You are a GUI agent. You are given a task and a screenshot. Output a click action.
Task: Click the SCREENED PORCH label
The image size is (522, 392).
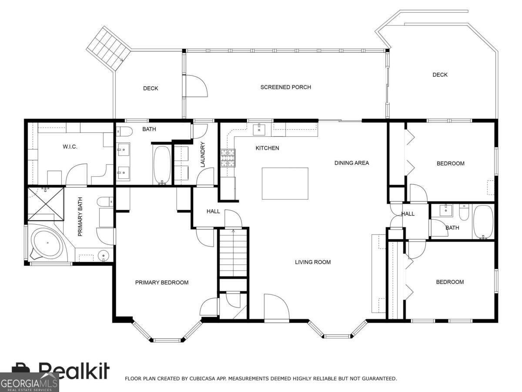click(x=286, y=87)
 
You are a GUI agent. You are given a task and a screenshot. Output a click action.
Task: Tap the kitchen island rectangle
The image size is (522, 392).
click(x=285, y=183)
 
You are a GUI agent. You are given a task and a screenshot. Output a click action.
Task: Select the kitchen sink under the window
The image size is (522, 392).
click(x=259, y=130)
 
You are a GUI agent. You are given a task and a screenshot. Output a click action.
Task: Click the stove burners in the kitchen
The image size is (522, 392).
click(x=228, y=158)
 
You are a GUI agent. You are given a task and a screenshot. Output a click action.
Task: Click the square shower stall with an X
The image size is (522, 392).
click(x=46, y=204)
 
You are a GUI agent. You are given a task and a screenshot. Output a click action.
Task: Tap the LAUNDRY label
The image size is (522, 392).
click(x=203, y=155)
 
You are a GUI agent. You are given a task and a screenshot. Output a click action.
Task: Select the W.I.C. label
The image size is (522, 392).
click(x=70, y=147)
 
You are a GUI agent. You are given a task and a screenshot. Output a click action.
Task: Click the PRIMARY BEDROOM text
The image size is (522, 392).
click(x=162, y=283)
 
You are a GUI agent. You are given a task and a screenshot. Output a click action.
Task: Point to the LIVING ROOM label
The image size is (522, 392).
click(x=313, y=262)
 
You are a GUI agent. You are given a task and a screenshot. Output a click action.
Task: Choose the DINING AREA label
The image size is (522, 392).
click(x=351, y=163)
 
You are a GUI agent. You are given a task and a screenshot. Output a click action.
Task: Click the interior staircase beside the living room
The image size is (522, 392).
click(x=233, y=252)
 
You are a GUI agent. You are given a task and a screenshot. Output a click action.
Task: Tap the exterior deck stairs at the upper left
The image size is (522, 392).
click(x=108, y=48)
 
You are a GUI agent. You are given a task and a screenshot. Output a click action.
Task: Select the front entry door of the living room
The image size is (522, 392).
click(x=277, y=308)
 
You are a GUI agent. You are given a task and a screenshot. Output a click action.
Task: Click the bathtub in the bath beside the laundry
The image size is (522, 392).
click(x=162, y=165)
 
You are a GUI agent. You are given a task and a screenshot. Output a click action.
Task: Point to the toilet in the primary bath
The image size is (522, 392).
click(x=105, y=202)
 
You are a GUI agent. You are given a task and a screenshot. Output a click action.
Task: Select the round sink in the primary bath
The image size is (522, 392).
click(x=104, y=255)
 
